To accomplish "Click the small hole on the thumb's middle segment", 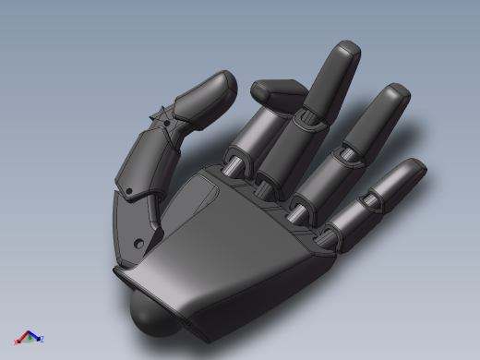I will click(130, 192).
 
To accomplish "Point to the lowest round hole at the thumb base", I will click(138, 242).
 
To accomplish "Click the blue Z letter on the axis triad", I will click(42, 339).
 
